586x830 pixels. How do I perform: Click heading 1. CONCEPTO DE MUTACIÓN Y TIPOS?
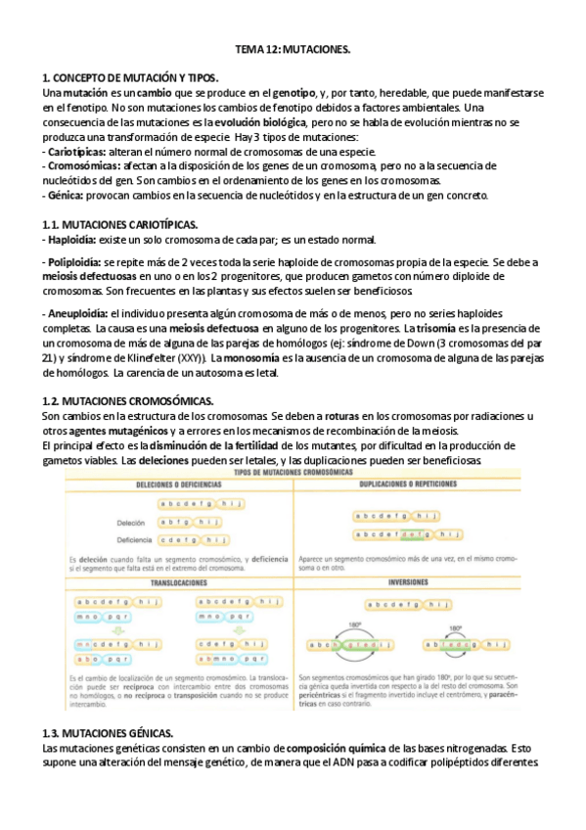[x=132, y=77]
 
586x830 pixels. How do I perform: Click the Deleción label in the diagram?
[x=130, y=523]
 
